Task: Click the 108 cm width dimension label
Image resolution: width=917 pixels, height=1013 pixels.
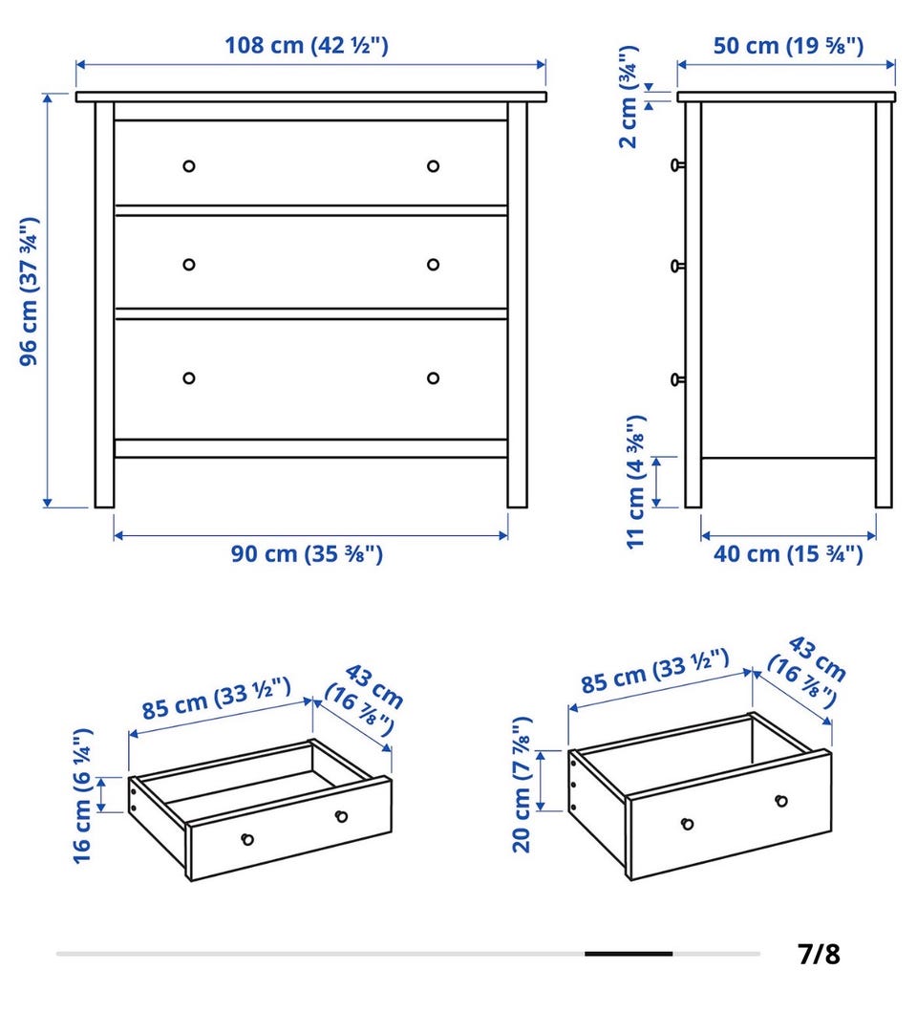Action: tap(306, 45)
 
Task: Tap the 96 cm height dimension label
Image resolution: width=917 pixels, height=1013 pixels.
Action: tap(29, 291)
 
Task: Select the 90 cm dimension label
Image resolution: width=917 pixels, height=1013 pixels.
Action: tap(307, 553)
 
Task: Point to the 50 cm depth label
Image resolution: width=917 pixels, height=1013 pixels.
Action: tap(788, 45)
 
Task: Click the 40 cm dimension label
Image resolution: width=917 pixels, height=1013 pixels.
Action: tap(788, 553)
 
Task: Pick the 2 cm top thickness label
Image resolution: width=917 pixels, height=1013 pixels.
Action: tap(629, 97)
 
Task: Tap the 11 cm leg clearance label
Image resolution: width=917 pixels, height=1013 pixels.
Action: tap(636, 482)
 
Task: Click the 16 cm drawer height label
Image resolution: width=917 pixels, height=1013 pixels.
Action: tap(82, 796)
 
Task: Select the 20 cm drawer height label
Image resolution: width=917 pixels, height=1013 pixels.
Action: tap(522, 785)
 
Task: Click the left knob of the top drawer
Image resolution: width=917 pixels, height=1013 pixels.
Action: tap(188, 166)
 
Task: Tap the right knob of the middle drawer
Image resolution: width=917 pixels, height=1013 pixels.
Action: tap(434, 264)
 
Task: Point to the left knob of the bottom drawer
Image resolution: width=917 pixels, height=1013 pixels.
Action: tap(188, 377)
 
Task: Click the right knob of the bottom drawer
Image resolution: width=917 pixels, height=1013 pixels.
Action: tap(434, 377)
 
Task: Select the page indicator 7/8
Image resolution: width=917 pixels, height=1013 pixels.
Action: tap(819, 954)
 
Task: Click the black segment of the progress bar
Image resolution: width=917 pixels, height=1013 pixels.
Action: tap(629, 954)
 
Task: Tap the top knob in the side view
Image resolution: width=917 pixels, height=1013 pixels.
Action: tap(677, 165)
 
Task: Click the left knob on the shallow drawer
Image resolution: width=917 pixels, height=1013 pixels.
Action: tap(247, 839)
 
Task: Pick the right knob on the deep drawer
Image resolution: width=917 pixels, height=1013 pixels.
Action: tap(781, 801)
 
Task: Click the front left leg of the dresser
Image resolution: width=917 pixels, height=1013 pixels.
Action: tap(105, 304)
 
